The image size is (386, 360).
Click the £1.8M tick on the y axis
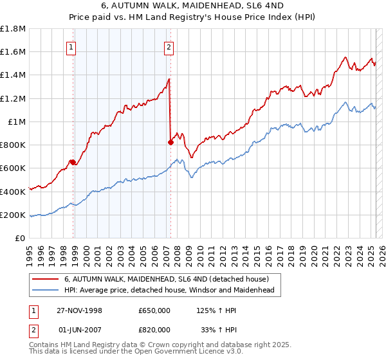tap(14, 29)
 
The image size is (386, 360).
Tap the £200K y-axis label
tap(13, 215)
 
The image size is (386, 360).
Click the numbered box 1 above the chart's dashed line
tap(71, 46)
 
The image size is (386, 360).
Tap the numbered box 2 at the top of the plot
tap(169, 46)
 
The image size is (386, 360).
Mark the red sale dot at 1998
tap(73, 162)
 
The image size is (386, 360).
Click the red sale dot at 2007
tap(170, 142)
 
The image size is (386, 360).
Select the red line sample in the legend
tap(46, 278)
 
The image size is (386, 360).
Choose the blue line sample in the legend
tap(46, 290)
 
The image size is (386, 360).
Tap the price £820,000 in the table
tap(154, 328)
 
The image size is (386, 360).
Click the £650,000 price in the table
tap(154, 310)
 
